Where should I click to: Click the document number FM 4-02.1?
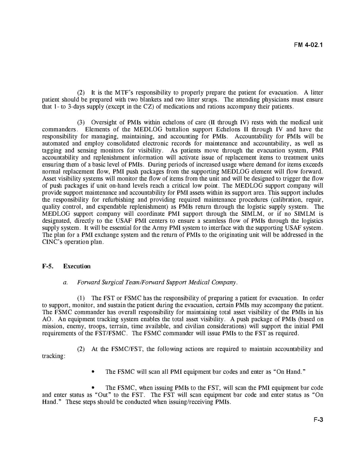(x=308, y=45)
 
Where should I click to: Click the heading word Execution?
(x=77, y=266)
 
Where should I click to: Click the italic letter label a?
(x=65, y=282)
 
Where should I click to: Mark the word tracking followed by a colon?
(x=53, y=356)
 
